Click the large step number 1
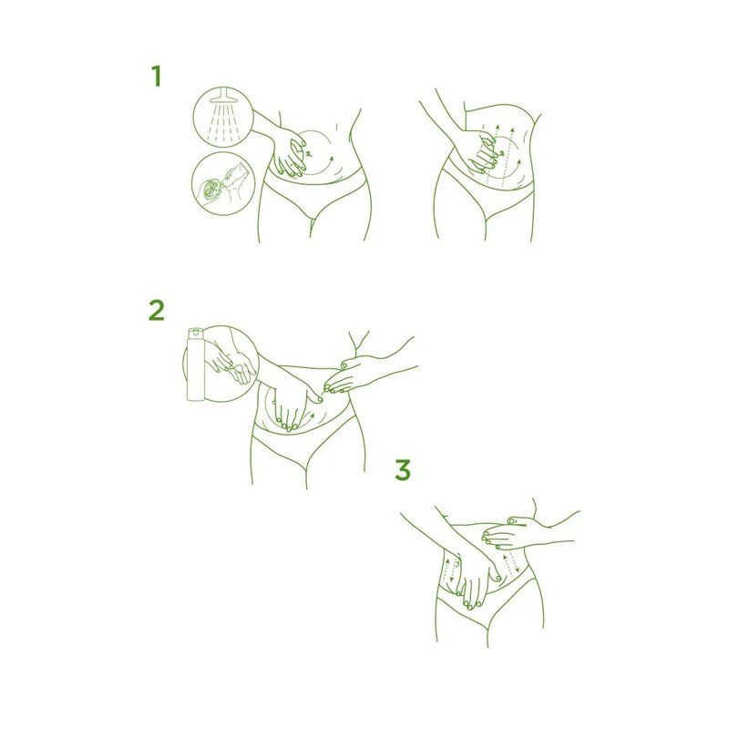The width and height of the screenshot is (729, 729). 156,76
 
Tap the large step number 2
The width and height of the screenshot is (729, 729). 156,310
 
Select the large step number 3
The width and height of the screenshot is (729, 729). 403,469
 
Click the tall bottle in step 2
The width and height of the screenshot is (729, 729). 195,364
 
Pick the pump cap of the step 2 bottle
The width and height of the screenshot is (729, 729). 195,332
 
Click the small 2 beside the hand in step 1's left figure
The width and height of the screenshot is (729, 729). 308,152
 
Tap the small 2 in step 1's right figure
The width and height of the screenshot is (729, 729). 501,152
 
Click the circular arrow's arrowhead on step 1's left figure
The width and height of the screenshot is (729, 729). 331,159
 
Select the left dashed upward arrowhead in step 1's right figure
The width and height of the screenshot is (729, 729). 497,127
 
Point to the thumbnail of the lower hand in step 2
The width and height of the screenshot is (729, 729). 320,399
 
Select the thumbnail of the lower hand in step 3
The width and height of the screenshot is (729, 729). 498,579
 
